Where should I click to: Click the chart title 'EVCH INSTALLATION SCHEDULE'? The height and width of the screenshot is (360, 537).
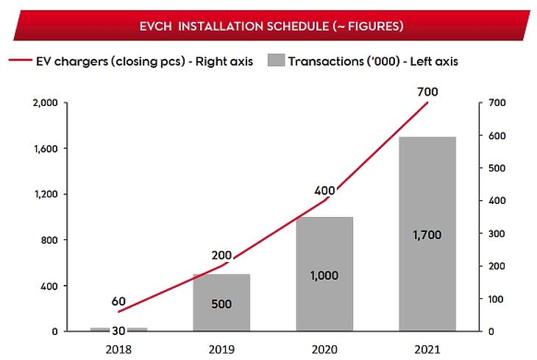(271, 27)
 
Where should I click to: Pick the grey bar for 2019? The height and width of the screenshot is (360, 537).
(221, 324)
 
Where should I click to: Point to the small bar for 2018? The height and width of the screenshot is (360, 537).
(119, 329)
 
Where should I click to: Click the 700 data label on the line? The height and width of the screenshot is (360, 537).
(427, 92)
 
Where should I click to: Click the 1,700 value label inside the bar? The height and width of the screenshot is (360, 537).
(427, 237)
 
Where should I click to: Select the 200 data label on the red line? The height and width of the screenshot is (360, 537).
(221, 255)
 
